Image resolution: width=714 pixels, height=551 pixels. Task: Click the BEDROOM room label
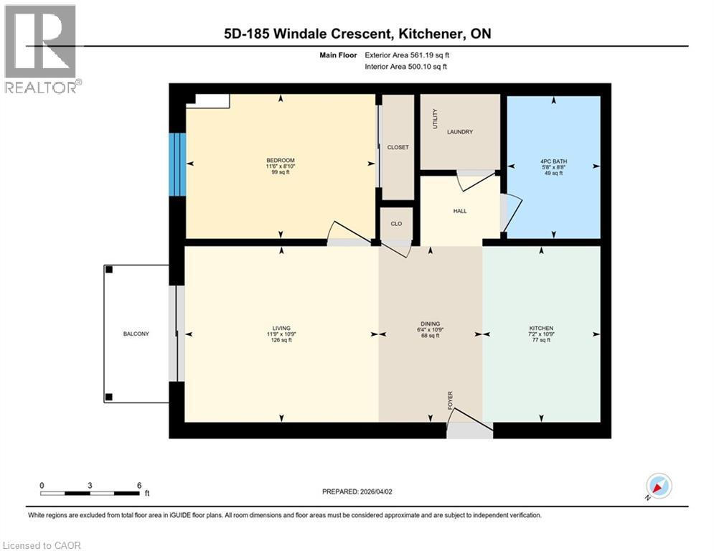click(x=280, y=160)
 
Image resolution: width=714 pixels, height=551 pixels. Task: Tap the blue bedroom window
click(x=177, y=164)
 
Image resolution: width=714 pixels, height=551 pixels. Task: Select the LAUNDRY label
click(x=459, y=132)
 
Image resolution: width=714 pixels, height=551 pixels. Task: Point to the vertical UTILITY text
click(x=435, y=119)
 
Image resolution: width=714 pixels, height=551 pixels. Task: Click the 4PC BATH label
click(x=553, y=160)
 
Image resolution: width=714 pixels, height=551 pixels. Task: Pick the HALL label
click(x=459, y=211)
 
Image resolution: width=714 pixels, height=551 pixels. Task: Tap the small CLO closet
click(x=397, y=224)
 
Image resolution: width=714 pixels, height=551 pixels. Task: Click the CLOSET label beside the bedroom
click(x=398, y=147)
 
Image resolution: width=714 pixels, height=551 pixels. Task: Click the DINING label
click(x=431, y=324)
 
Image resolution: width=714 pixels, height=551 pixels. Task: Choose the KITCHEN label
click(x=542, y=328)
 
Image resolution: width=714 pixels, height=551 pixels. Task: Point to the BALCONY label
click(x=136, y=334)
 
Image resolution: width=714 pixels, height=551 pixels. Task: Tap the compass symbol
click(x=658, y=486)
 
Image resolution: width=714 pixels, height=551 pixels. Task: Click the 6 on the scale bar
click(x=138, y=486)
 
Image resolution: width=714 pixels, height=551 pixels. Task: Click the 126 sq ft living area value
click(x=280, y=340)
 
